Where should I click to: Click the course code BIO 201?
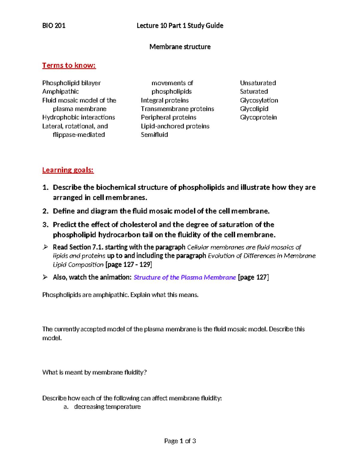tap(54, 26)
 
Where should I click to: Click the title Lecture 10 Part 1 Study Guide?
tap(180, 26)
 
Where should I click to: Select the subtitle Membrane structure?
tap(180, 47)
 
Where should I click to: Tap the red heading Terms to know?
tap(69, 65)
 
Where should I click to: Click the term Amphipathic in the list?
tap(61, 92)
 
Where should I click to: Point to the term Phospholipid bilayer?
tap(71, 83)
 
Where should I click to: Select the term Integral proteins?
tap(165, 101)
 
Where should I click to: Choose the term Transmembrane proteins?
tap(177, 109)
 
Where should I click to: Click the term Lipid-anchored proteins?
tap(175, 126)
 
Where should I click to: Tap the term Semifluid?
tap(154, 135)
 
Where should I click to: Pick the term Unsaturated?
tap(258, 83)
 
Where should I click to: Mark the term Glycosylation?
tap(259, 101)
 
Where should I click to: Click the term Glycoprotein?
tap(258, 117)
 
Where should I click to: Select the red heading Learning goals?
tap(68, 170)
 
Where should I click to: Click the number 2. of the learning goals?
tap(45, 211)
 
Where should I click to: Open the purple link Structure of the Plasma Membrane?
tap(184, 278)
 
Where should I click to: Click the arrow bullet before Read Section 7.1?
tap(45, 247)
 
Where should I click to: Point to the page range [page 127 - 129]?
tap(129, 265)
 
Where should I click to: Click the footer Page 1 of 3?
tap(180, 441)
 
